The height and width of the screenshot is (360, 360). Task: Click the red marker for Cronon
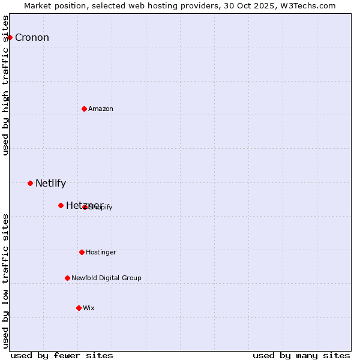pos(10,37)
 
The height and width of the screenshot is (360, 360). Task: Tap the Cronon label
pos(32,38)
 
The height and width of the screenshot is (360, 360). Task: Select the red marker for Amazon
pos(84,109)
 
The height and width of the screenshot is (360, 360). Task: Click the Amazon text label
pos(101,109)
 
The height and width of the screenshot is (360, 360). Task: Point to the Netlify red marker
pos(30,183)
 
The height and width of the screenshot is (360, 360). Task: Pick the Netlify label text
pos(50,184)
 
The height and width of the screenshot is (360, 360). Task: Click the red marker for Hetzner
pos(61,205)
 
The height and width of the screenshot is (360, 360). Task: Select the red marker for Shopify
pos(85,207)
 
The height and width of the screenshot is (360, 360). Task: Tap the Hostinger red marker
pos(82,252)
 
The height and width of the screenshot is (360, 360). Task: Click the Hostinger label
pos(101,253)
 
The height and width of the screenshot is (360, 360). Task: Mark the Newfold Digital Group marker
pos(67,278)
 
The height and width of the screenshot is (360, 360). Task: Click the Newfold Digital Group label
pos(106,278)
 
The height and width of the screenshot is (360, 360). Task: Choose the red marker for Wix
pos(79,308)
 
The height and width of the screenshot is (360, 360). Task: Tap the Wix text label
pos(89,308)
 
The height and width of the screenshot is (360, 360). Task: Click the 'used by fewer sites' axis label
pos(62,356)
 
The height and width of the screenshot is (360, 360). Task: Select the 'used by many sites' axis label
pos(301,356)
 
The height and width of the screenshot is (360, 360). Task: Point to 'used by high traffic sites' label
pos(6,85)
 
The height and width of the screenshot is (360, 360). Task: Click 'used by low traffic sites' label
pos(6,281)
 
